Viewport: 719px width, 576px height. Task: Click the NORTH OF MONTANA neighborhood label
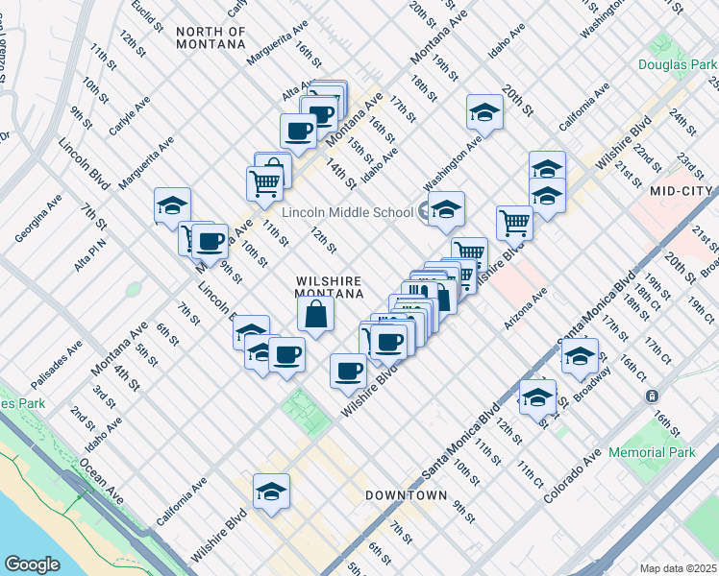211,38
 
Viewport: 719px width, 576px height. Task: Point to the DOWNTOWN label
406,495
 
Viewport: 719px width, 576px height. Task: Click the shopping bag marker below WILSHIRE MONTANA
316,313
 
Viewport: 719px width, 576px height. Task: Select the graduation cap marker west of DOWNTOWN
272,492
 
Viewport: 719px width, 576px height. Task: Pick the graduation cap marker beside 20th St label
484,112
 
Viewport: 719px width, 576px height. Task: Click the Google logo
33,564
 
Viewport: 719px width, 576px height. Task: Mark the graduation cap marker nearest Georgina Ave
173,205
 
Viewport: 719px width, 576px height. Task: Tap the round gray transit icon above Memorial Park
652,396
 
